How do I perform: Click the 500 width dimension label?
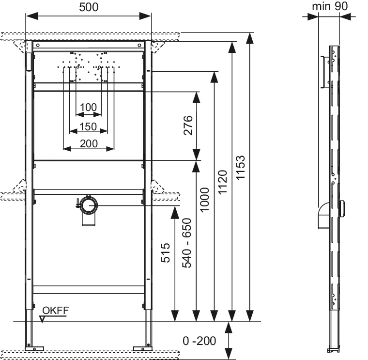click(x=89, y=7)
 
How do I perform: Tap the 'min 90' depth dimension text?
click(x=329, y=6)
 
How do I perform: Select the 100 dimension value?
click(x=89, y=107)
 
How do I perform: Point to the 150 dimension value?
click(x=89, y=127)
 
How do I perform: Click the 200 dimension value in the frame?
click(x=89, y=143)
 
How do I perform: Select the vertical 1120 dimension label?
click(x=222, y=182)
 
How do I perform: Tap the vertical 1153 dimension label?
click(x=241, y=168)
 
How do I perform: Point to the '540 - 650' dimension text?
click(x=187, y=242)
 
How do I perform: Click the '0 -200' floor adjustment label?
click(x=199, y=341)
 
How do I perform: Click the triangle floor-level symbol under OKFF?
click(x=44, y=318)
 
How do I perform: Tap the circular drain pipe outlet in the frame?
click(x=89, y=205)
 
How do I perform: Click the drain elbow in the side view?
click(x=321, y=216)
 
